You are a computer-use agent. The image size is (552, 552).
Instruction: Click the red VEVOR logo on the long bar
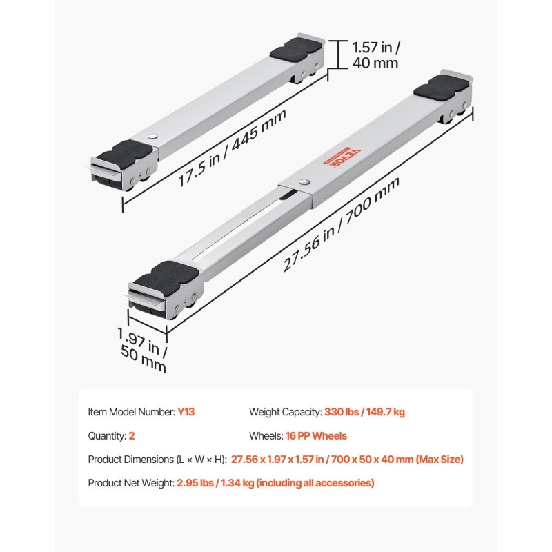342,157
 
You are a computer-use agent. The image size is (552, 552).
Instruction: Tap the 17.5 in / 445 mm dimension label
232,148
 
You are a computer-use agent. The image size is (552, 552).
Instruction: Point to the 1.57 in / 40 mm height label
376,55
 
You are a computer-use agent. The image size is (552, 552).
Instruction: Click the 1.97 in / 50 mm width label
143,350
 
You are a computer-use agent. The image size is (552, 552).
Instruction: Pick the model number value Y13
186,412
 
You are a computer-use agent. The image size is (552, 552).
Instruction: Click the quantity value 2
132,436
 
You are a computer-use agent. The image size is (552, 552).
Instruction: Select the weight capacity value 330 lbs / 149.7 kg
364,412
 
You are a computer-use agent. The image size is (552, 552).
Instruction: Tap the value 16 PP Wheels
316,436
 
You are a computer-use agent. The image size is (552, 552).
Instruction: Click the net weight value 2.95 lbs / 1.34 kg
215,483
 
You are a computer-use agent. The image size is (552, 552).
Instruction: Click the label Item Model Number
131,412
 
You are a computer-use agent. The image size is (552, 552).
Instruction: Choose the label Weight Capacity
286,412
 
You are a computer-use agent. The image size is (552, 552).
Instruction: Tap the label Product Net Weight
131,483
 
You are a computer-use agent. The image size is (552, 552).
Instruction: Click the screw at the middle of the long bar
304,181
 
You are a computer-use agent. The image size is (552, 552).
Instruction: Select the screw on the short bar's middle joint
152,136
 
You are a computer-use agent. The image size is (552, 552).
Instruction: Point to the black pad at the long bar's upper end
441,87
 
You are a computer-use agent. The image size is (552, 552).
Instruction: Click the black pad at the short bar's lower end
125,152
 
